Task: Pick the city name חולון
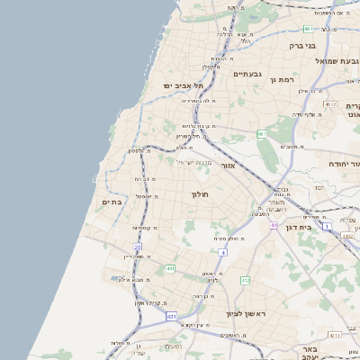point(200,193)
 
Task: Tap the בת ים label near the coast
point(112,202)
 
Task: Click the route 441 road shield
point(170,268)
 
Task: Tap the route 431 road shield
point(171,317)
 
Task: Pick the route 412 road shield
point(245,281)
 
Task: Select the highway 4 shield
point(222,252)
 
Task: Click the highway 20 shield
point(138,246)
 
